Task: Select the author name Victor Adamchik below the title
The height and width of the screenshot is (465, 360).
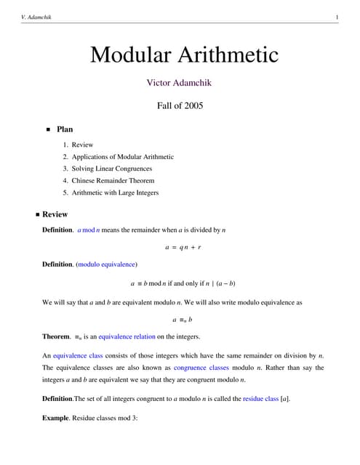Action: pyautogui.click(x=180, y=83)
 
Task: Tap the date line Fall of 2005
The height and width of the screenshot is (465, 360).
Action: pyautogui.click(x=180, y=105)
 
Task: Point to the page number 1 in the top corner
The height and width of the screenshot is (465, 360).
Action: pyautogui.click(x=337, y=17)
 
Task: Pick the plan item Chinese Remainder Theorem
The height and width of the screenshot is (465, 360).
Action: pyautogui.click(x=113, y=180)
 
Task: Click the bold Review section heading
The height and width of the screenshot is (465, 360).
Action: pyautogui.click(x=55, y=215)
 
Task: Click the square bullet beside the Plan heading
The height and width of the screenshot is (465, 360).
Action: pyautogui.click(x=49, y=130)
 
